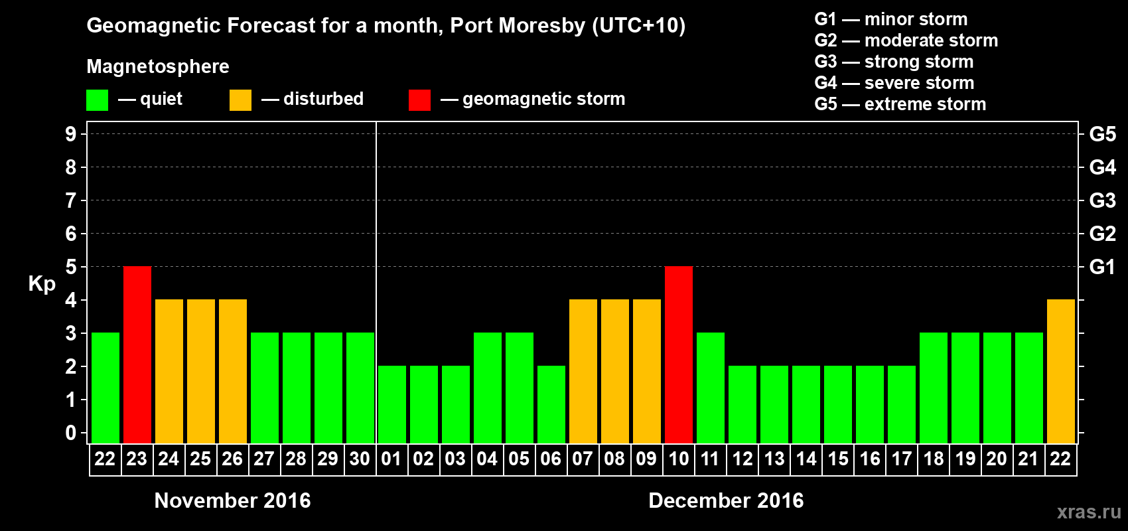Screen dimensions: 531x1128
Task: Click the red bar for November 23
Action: (x=137, y=354)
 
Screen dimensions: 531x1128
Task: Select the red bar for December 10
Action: (x=679, y=354)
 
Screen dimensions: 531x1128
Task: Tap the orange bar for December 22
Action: (x=1061, y=371)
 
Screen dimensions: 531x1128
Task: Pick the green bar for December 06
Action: (x=551, y=404)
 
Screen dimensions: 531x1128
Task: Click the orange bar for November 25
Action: (x=201, y=371)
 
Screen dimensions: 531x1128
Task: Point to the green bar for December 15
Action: (x=838, y=404)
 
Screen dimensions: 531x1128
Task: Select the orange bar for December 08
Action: (x=615, y=371)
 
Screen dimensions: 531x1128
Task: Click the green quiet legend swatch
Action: (x=97, y=100)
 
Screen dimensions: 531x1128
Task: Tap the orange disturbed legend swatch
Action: (x=240, y=100)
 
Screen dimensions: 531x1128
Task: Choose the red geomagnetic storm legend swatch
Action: (x=419, y=100)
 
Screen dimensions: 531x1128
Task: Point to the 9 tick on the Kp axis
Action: (x=71, y=134)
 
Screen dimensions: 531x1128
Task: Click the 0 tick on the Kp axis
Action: (x=71, y=433)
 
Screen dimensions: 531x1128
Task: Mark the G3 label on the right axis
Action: (x=1102, y=200)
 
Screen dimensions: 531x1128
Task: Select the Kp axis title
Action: (x=42, y=284)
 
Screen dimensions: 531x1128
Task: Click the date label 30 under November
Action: (x=360, y=459)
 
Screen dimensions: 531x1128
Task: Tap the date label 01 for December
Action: (x=391, y=459)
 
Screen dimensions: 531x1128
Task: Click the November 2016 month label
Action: (x=232, y=500)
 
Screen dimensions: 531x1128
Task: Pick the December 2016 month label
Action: (x=726, y=500)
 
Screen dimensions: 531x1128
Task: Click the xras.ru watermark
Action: (x=1089, y=512)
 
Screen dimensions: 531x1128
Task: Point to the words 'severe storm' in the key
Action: (x=919, y=83)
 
